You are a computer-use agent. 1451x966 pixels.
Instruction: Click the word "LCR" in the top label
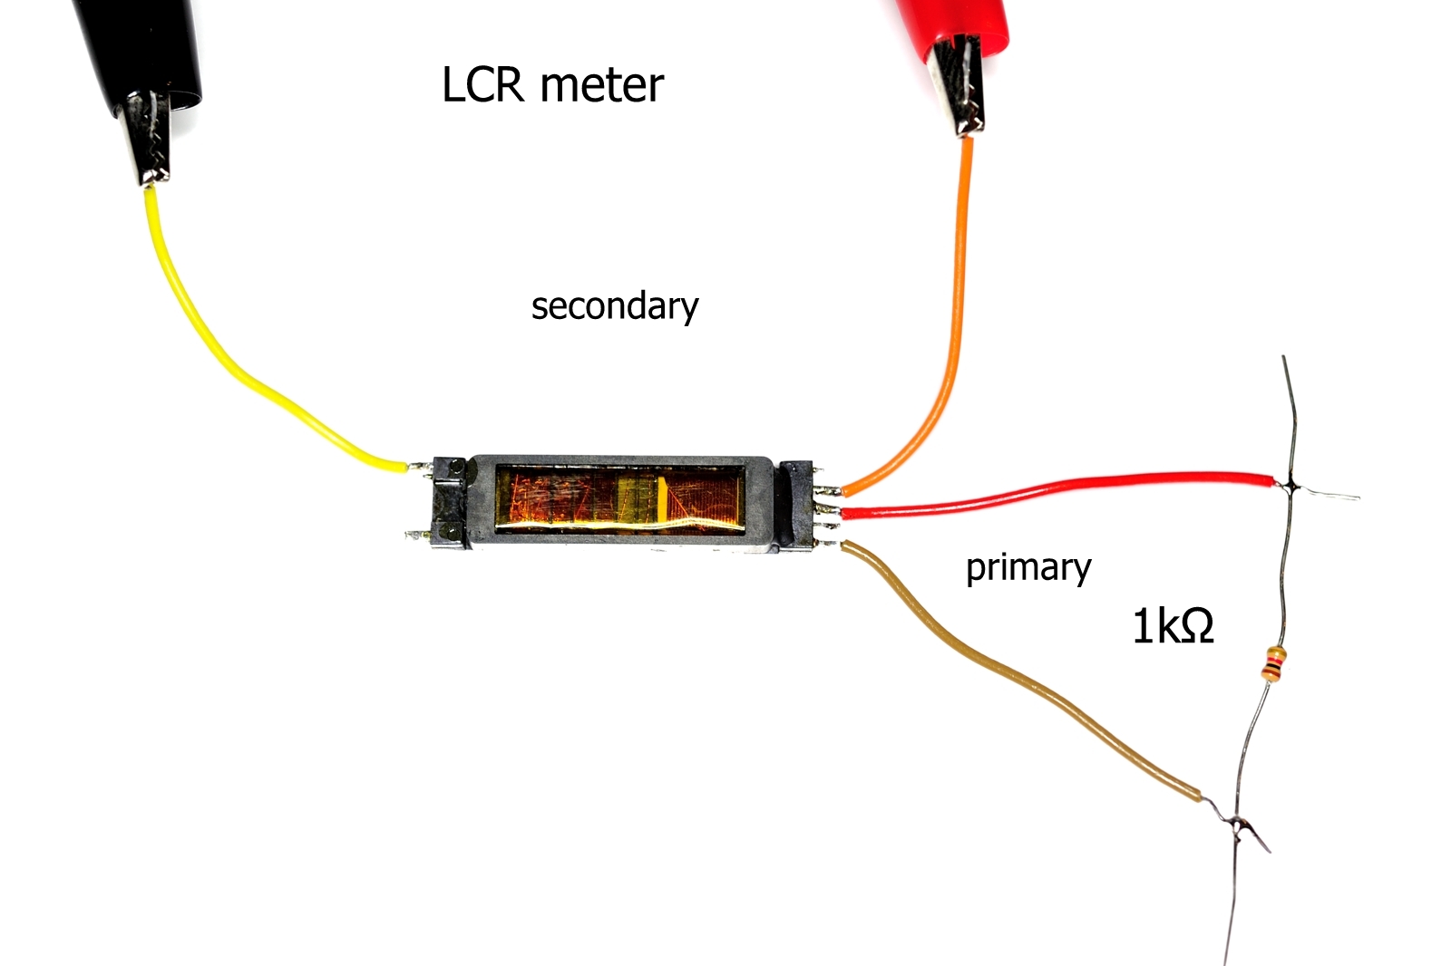[482, 85]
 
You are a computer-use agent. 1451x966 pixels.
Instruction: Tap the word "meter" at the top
[602, 85]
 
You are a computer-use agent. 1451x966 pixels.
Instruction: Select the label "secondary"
[615, 306]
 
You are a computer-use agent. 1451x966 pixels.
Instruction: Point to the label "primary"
[1027, 568]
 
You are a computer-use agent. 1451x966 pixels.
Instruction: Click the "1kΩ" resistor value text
[1173, 626]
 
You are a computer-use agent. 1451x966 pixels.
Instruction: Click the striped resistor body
[1274, 663]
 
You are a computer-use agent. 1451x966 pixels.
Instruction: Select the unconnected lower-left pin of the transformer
[416, 536]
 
